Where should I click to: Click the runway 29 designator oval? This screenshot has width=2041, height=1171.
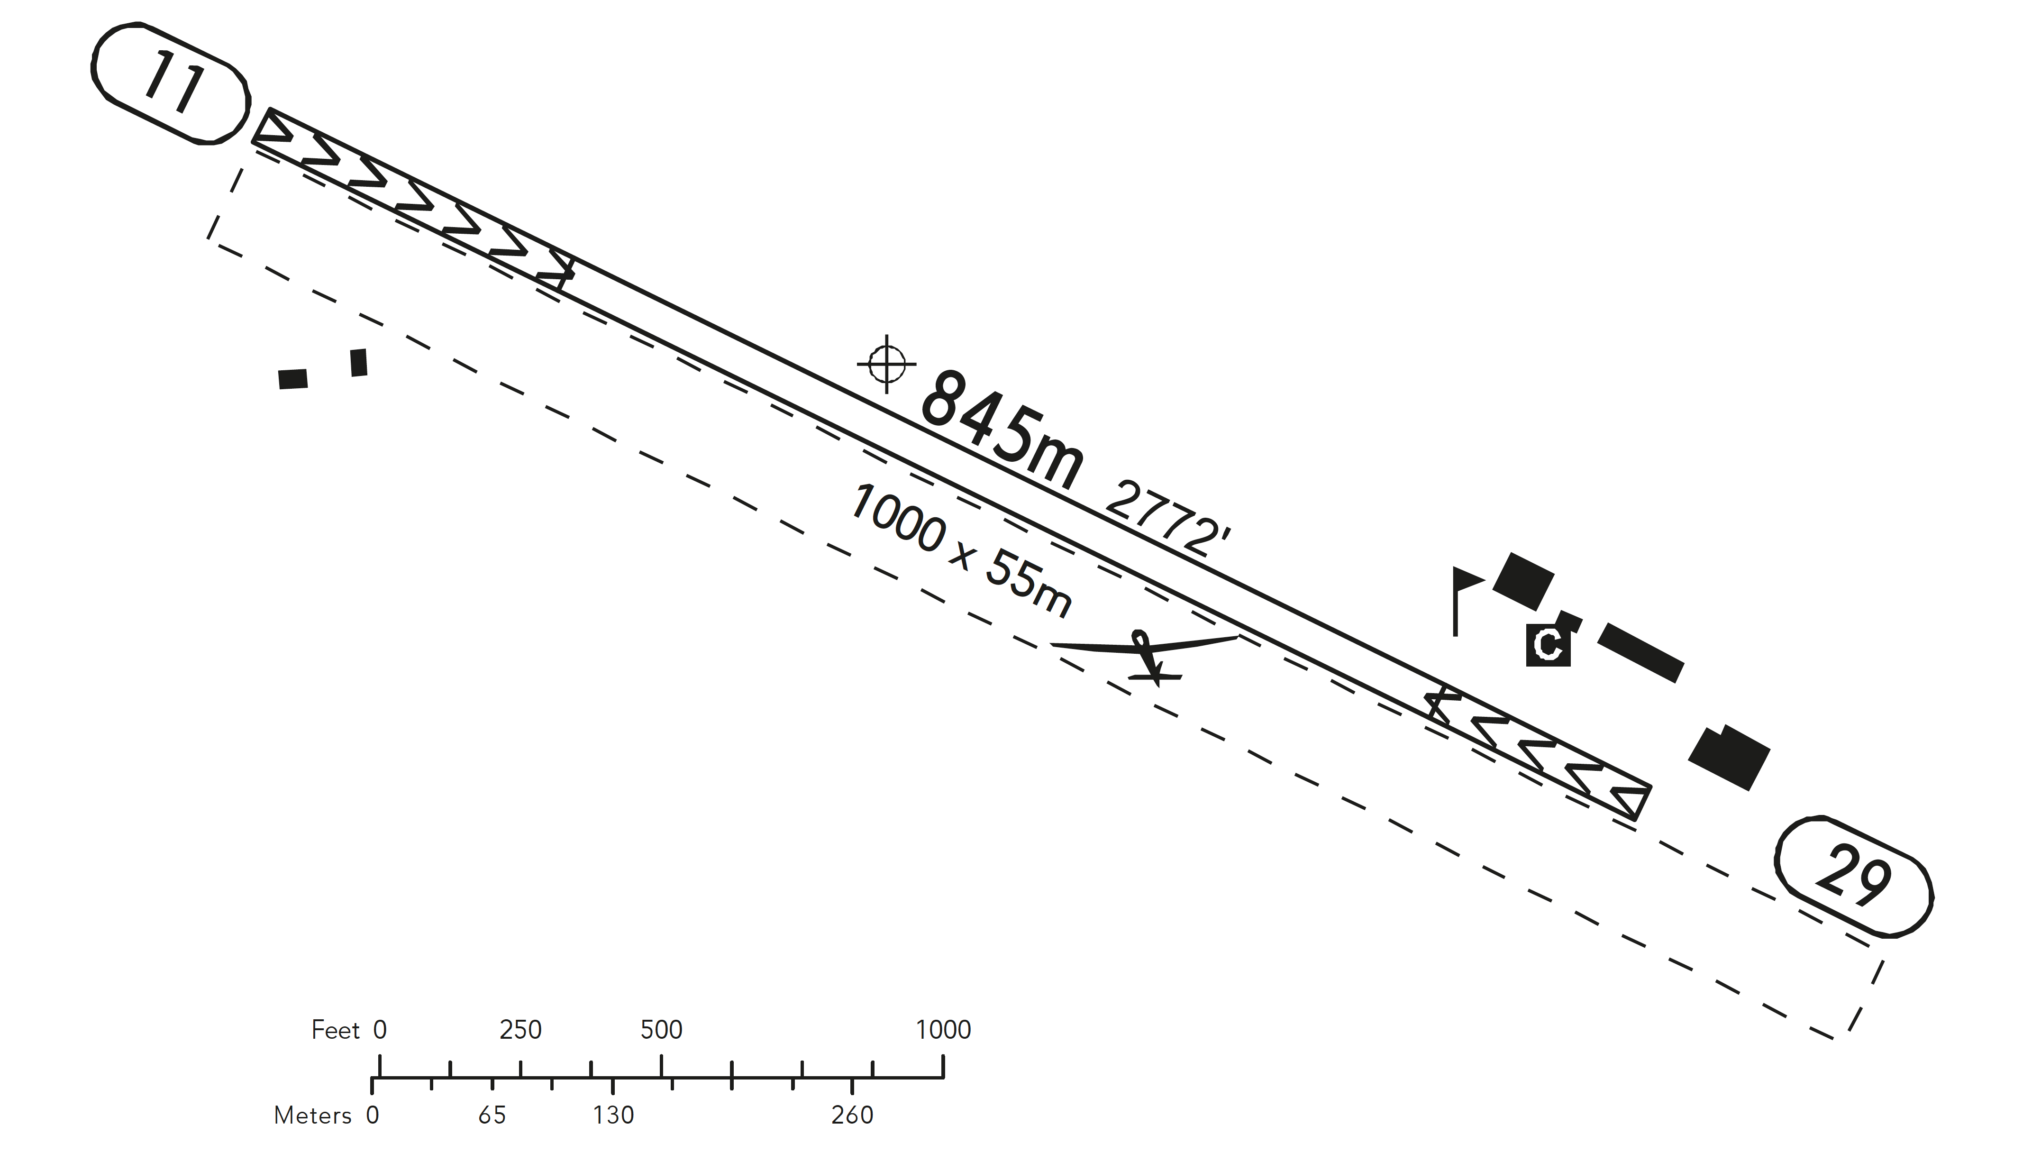(x=1853, y=878)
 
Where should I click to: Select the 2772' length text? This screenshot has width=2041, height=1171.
(x=1167, y=520)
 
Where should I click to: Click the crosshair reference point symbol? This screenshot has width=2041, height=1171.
(x=886, y=364)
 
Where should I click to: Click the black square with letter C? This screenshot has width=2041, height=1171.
(x=1548, y=644)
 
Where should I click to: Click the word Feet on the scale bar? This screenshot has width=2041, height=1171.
(x=335, y=1030)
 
